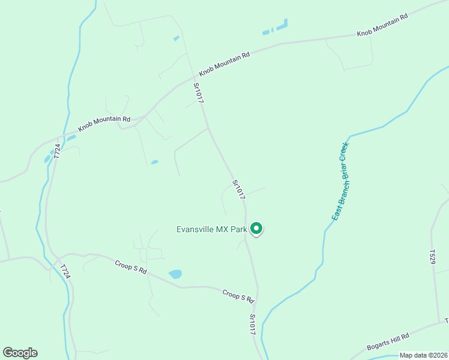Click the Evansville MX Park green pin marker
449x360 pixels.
pyautogui.click(x=257, y=229)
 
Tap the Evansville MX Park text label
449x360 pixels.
pyautogui.click(x=212, y=229)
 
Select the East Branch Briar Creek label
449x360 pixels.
pyautogui.click(x=340, y=181)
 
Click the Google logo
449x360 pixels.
pyautogui.click(x=20, y=353)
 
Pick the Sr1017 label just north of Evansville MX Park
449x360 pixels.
pyautogui.click(x=238, y=189)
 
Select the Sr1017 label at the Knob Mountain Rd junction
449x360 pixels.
pyautogui.click(x=199, y=93)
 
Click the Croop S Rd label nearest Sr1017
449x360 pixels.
pyautogui.click(x=239, y=296)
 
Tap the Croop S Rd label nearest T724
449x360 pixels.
pyautogui.click(x=131, y=266)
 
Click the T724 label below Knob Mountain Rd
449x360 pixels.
pyautogui.click(x=57, y=151)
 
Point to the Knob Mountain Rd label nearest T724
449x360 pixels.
pyautogui.click(x=104, y=124)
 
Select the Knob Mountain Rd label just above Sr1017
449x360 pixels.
pyautogui.click(x=224, y=63)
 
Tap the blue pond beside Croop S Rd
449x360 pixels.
pyautogui.click(x=175, y=274)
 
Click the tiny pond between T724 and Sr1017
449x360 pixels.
pyautogui.click(x=154, y=162)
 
